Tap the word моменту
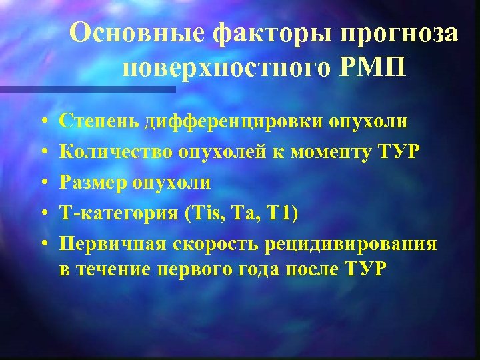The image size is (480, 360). click(326, 153)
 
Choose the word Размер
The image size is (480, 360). click(92, 183)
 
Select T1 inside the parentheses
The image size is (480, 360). click(284, 213)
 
